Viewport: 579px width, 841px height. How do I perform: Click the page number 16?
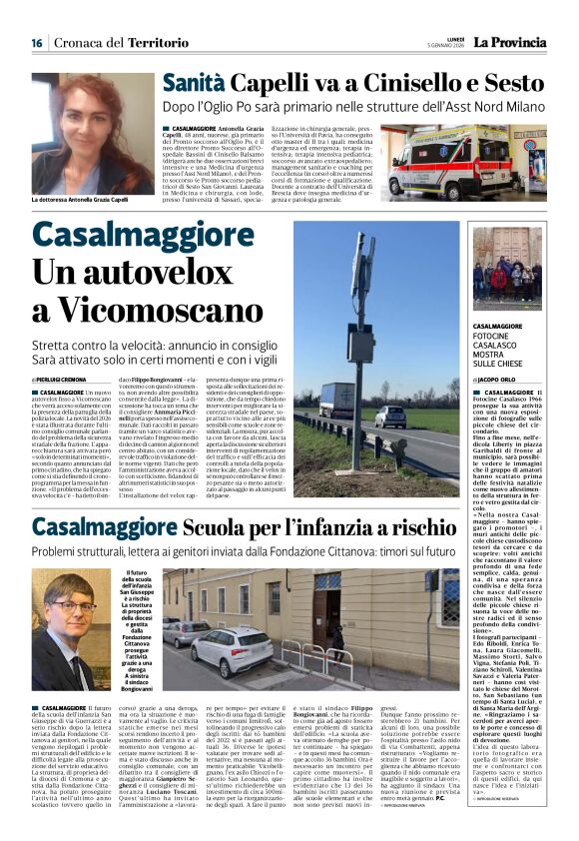(37, 43)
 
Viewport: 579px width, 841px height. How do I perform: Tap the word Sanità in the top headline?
(196, 84)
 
